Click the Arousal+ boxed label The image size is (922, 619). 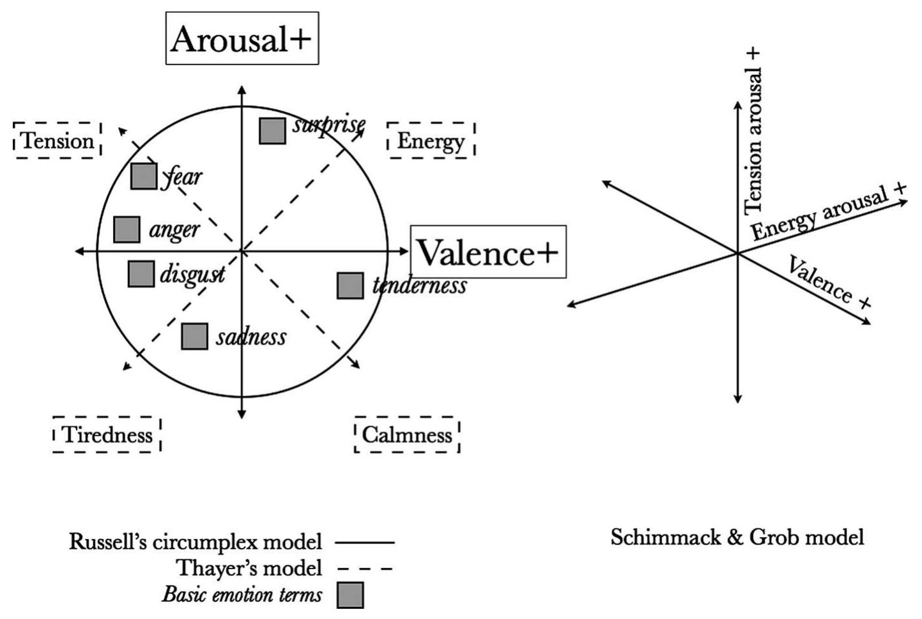coord(242,38)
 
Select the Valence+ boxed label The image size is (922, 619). coord(488,252)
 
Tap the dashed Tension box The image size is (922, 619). coord(58,141)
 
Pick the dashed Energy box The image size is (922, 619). coord(431,141)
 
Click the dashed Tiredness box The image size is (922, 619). coord(107,435)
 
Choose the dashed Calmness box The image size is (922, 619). coord(407,435)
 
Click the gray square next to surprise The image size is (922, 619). coord(273,131)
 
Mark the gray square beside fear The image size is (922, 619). coord(144,176)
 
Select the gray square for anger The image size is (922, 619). coord(127,229)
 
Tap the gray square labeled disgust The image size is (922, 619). coord(141,274)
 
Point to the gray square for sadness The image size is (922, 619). coord(194,337)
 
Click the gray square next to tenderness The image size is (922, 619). coord(350,286)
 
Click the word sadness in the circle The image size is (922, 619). coord(251,337)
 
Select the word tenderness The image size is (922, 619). coord(420,286)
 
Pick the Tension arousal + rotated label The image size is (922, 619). coord(753,131)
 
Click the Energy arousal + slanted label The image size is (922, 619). coord(828,213)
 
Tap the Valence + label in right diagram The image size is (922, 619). coord(829,282)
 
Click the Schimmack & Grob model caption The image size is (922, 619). coord(737,537)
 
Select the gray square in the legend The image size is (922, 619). coord(350,595)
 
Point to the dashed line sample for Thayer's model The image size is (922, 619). coord(364,568)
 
